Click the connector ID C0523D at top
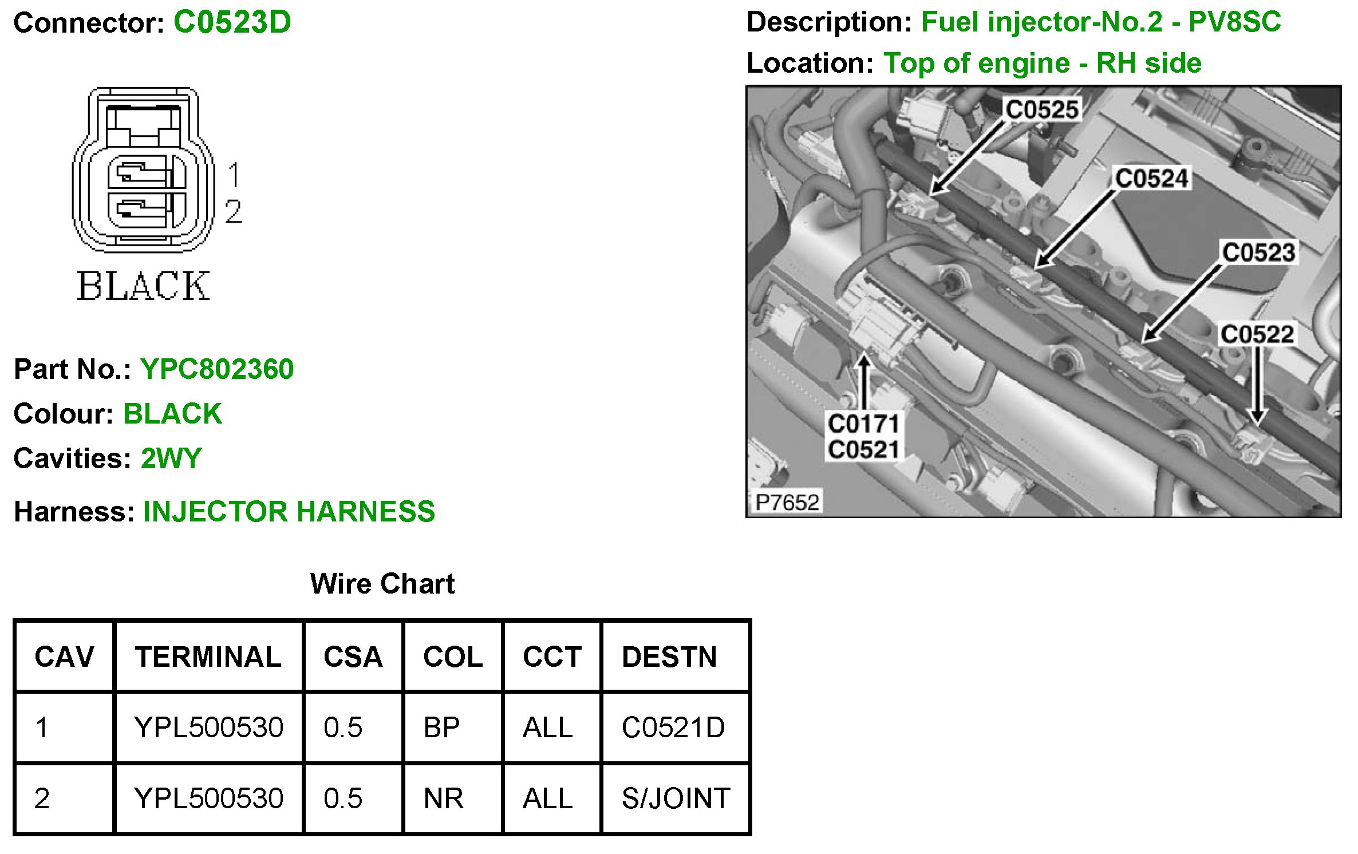coord(232,23)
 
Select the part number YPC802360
coord(217,369)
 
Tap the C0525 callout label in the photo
coord(1042,109)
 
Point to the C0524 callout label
coord(1152,178)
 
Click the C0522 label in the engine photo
coord(1257,334)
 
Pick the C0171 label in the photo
coord(863,424)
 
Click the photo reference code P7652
coord(787,503)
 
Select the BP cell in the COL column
coord(441,728)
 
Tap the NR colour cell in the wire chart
coord(443,798)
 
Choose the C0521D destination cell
coord(673,728)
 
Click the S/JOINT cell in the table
coord(676,798)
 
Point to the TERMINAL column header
coord(208,657)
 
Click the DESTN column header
coord(669,657)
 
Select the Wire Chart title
coord(382,584)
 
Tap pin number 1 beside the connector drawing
coord(234,175)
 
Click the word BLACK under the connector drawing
coord(143,286)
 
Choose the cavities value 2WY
coord(171,458)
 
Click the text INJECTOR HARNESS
coord(289,512)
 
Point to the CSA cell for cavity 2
coord(343,798)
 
